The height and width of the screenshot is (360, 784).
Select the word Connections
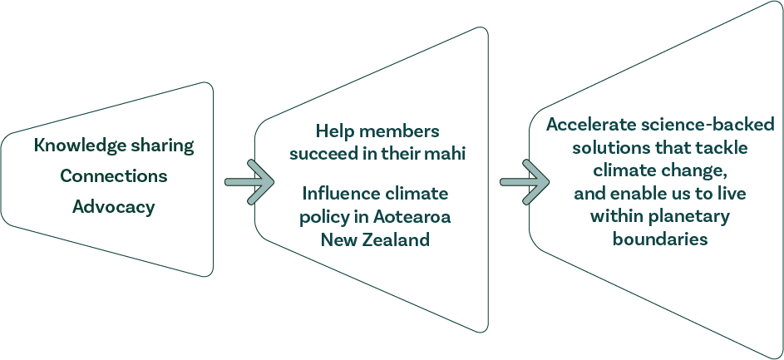pos(113,176)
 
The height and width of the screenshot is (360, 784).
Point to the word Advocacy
pos(113,207)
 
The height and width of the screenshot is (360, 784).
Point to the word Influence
pos(338,194)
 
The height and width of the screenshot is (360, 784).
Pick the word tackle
pos(723,147)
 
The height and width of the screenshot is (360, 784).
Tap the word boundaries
pos(660,239)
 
